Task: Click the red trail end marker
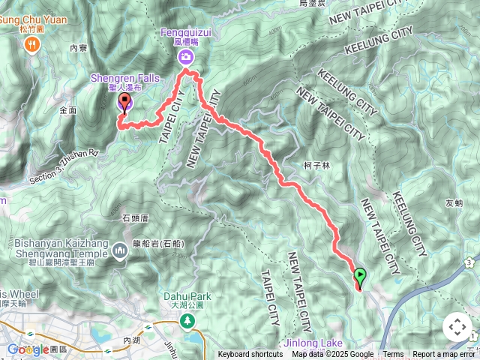(x=124, y=103)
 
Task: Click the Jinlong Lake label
(x=313, y=343)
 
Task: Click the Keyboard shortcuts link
(x=250, y=355)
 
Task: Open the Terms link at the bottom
(x=393, y=355)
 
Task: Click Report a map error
(x=443, y=355)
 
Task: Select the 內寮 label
(x=78, y=47)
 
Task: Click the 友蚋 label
(x=454, y=202)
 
